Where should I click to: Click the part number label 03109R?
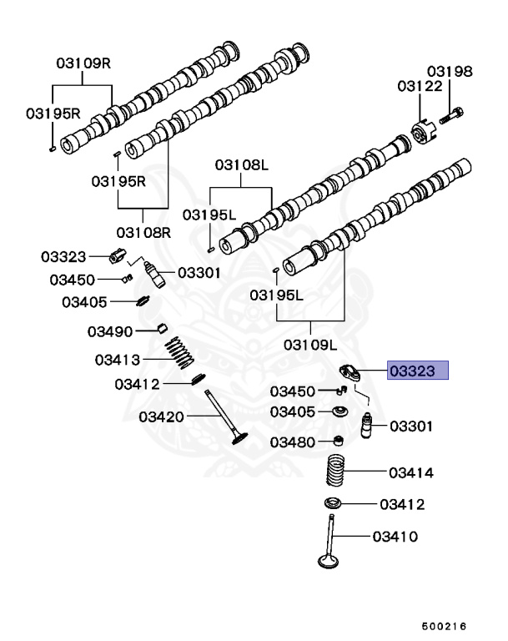click(x=83, y=63)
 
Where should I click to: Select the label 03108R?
click(x=143, y=233)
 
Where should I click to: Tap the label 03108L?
click(x=242, y=165)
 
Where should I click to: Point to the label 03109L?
click(x=310, y=345)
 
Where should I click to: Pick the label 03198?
click(x=450, y=72)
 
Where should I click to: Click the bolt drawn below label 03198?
click(x=452, y=115)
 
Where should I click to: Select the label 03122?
click(x=420, y=86)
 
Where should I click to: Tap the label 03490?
click(x=110, y=331)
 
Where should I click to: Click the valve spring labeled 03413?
click(x=179, y=353)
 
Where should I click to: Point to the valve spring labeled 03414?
click(x=336, y=470)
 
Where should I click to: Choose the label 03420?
click(x=162, y=417)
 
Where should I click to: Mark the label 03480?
click(x=293, y=442)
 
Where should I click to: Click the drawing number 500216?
click(x=445, y=627)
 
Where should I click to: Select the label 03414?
click(x=411, y=473)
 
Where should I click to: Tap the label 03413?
click(x=118, y=361)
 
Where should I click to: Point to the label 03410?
click(x=395, y=537)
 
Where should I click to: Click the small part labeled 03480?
click(x=339, y=441)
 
